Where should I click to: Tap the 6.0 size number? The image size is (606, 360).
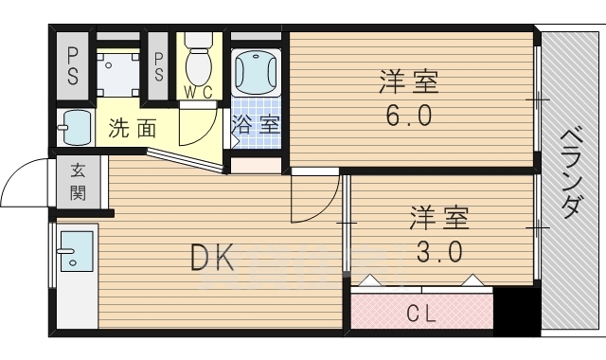410,115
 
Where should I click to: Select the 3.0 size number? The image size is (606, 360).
440,252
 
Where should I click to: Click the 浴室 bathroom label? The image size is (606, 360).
256,123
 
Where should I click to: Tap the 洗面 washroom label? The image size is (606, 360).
132,128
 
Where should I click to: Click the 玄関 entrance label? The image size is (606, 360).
78,182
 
